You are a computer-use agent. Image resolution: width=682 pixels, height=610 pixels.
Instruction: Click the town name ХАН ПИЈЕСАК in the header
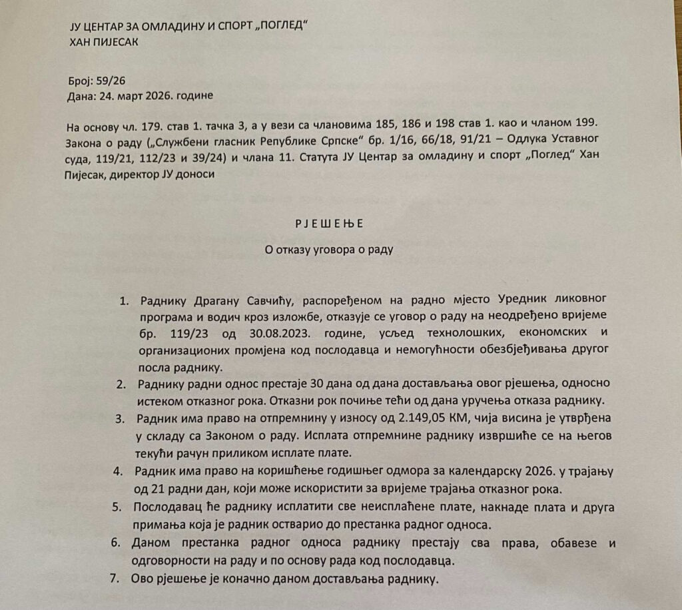coord(105,41)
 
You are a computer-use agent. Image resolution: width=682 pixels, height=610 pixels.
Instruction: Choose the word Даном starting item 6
coord(151,543)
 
